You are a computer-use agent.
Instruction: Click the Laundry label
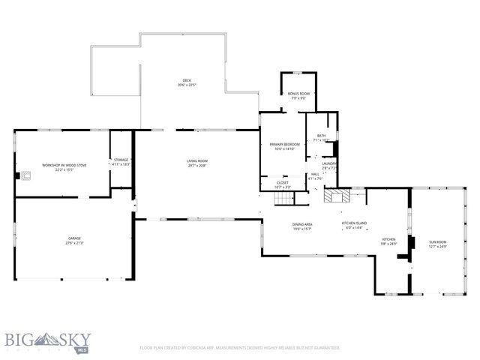point(328,164)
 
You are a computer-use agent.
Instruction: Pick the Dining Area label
point(303,226)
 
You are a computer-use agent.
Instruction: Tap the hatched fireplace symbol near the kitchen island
point(333,196)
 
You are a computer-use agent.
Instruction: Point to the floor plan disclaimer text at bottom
point(240,348)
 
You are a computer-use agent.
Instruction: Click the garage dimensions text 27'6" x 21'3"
point(75,243)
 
